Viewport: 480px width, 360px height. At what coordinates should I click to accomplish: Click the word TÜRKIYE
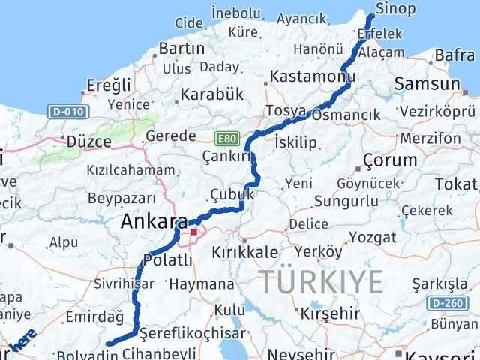tap(323, 281)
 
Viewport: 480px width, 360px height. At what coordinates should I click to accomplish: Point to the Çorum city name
tap(389, 160)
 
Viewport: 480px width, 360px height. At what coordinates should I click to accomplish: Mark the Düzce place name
tap(88, 141)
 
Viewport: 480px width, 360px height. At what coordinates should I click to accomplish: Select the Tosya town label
tap(286, 111)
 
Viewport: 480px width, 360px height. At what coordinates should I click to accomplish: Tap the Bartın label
tap(181, 49)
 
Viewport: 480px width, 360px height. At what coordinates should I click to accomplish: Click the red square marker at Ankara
tap(193, 232)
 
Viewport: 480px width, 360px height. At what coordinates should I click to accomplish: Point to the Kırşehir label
tap(329, 310)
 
